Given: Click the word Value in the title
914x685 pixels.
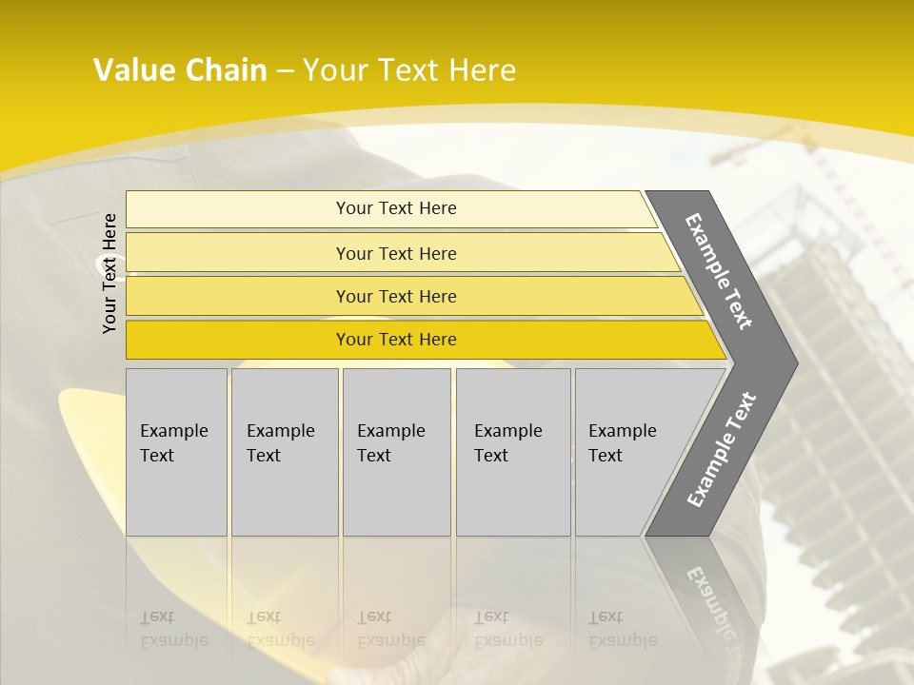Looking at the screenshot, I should click(x=131, y=70).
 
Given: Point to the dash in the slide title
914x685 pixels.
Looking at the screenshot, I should click(x=285, y=71).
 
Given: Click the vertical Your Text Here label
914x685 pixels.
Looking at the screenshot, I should click(x=110, y=273).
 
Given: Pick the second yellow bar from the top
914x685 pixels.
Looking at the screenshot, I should click(x=396, y=253).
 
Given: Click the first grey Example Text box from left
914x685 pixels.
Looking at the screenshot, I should click(x=176, y=452).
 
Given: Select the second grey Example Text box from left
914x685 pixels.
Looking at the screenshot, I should click(x=285, y=452).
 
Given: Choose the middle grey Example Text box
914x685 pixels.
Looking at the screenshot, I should click(x=396, y=452).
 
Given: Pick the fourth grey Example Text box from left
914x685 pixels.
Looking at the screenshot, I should click(x=513, y=452).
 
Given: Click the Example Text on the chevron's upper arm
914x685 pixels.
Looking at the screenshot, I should click(x=719, y=271).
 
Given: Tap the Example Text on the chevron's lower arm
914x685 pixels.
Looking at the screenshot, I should click(x=721, y=450).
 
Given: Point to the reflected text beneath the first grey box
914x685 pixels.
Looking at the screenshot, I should click(x=174, y=628).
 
